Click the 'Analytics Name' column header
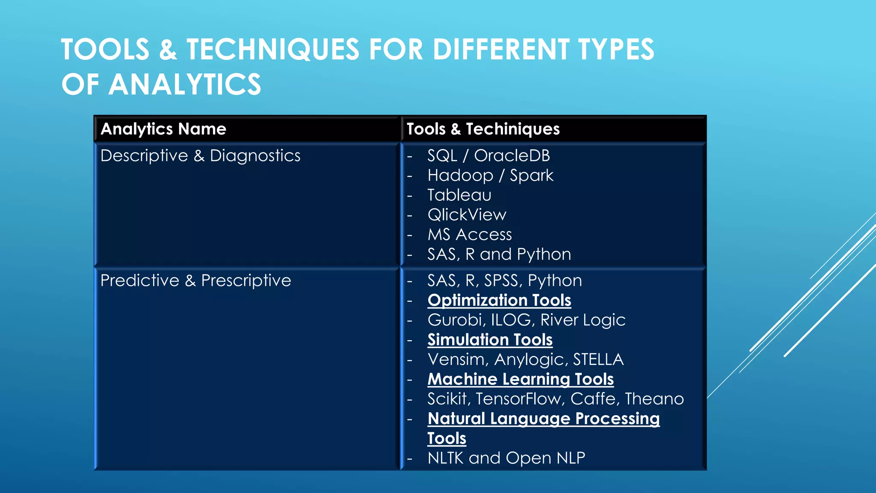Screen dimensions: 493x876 click(163, 129)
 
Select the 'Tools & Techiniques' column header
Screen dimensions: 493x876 click(483, 129)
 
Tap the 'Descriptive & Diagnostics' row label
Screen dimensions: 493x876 click(200, 156)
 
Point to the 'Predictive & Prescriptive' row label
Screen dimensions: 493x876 click(195, 281)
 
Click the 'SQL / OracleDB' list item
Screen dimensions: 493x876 click(488, 156)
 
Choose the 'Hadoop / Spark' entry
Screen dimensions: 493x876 click(490, 175)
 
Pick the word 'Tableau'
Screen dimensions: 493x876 click(459, 195)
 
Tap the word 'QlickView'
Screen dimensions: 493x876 click(467, 215)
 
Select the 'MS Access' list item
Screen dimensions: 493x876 click(470, 235)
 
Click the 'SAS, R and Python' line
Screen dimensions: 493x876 click(499, 254)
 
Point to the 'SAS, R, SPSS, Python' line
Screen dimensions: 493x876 click(505, 281)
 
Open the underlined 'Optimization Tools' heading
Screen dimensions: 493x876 click(499, 300)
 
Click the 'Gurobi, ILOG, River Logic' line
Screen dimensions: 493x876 click(526, 320)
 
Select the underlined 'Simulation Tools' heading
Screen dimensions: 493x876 click(490, 340)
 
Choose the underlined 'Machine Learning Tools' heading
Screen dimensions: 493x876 click(521, 379)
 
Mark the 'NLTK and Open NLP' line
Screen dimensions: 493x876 click(506, 458)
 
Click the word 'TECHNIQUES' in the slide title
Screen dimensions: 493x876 click(273, 49)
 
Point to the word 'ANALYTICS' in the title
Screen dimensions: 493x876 click(185, 84)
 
